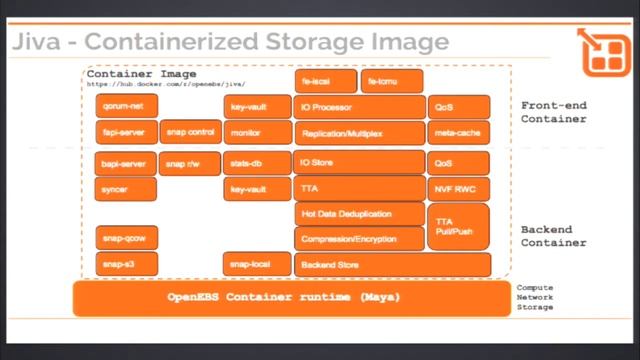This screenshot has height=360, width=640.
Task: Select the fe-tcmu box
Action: point(391,81)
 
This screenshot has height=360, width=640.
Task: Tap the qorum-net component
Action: point(126,106)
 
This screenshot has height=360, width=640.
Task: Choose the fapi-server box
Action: point(126,132)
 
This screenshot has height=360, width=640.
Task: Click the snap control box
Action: point(190,132)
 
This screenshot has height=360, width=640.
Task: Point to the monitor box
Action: point(257,132)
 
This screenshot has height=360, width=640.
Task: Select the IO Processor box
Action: point(360,106)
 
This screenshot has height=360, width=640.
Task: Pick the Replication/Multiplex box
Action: point(360,132)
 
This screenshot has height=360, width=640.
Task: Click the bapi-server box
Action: point(126,163)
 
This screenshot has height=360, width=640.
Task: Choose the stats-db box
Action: point(257,163)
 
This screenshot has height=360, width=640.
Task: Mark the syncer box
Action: point(126,189)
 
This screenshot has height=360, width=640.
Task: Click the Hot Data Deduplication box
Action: point(360,214)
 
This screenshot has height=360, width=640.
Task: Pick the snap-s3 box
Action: point(126,265)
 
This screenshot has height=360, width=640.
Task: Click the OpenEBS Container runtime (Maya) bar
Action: point(284,298)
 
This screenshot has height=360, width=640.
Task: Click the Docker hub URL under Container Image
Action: point(166,85)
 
